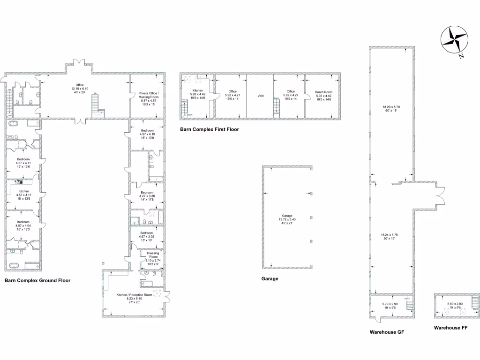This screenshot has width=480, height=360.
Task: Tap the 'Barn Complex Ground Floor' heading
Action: [x=37, y=281]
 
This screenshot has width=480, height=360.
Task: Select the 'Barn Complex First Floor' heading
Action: [x=210, y=129]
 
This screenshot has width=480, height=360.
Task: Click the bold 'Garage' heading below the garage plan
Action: [x=270, y=278]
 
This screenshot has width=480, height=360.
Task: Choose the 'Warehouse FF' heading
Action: [x=450, y=328]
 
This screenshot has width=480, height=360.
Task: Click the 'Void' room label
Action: [x=261, y=96]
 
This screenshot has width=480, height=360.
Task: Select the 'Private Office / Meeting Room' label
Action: [x=149, y=95]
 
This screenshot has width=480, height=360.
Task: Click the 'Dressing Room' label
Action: [x=153, y=255]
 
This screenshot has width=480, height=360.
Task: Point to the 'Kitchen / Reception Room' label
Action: [x=135, y=295]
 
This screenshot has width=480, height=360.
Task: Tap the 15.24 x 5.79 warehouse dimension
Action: [x=390, y=234]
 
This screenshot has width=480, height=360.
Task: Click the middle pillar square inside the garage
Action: [x=311, y=217]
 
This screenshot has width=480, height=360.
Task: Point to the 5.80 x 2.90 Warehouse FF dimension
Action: [x=455, y=304]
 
